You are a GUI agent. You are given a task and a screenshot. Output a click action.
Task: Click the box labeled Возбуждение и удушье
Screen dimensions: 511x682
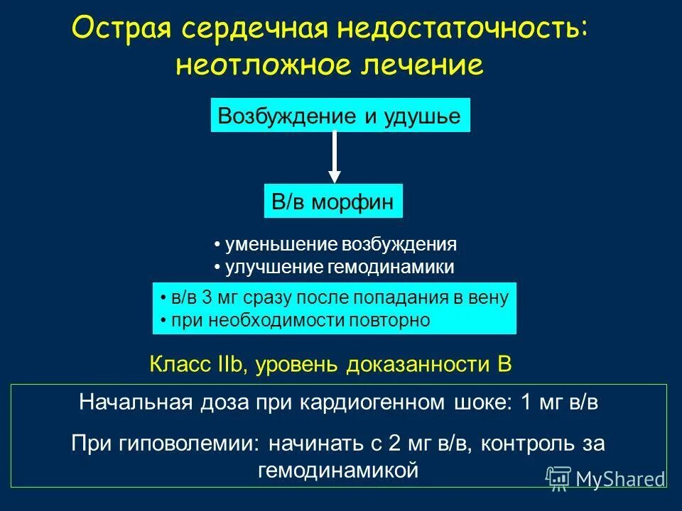pyautogui.click(x=340, y=116)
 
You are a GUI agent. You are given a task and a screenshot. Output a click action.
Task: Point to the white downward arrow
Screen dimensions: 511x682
pyautogui.click(x=335, y=157)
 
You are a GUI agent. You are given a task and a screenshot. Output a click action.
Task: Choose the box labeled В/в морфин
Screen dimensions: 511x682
pyautogui.click(x=333, y=202)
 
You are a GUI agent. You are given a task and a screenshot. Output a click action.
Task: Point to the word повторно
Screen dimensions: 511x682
pyautogui.click(x=389, y=320)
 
